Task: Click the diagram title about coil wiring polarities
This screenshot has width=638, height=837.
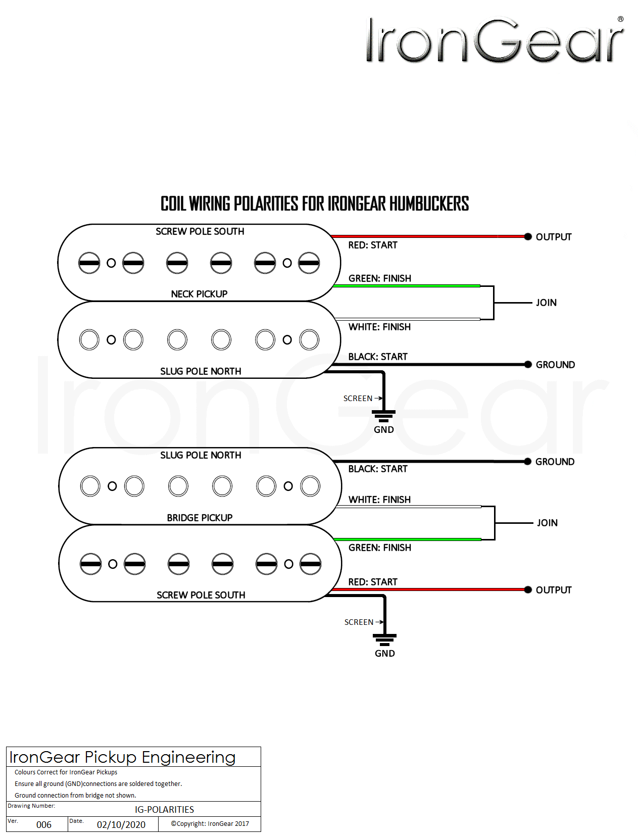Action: (314, 204)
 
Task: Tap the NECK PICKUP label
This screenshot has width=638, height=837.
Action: (199, 294)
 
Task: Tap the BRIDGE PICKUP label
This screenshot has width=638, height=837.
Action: (200, 518)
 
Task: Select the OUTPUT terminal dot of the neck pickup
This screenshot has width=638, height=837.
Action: (528, 236)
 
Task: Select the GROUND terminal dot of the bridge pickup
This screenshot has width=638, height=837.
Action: (528, 461)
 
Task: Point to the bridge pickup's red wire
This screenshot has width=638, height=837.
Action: (429, 589)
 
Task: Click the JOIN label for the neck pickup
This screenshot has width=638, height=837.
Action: (546, 303)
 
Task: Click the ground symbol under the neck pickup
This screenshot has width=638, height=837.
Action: (383, 415)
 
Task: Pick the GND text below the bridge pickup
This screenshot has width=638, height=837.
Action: (384, 653)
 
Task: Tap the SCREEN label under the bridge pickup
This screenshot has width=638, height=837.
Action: (359, 622)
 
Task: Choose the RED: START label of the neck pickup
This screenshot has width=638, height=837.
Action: (373, 245)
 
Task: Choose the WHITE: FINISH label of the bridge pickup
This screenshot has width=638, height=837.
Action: (379, 500)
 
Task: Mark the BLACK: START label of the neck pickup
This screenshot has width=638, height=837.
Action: (378, 357)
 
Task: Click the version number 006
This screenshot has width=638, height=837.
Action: (44, 824)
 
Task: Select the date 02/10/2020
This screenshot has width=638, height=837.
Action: (121, 824)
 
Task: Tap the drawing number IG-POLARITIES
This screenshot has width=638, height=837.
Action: (164, 809)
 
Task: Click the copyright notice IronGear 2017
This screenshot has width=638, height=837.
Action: (210, 823)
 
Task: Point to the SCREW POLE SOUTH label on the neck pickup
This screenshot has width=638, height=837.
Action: (200, 231)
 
